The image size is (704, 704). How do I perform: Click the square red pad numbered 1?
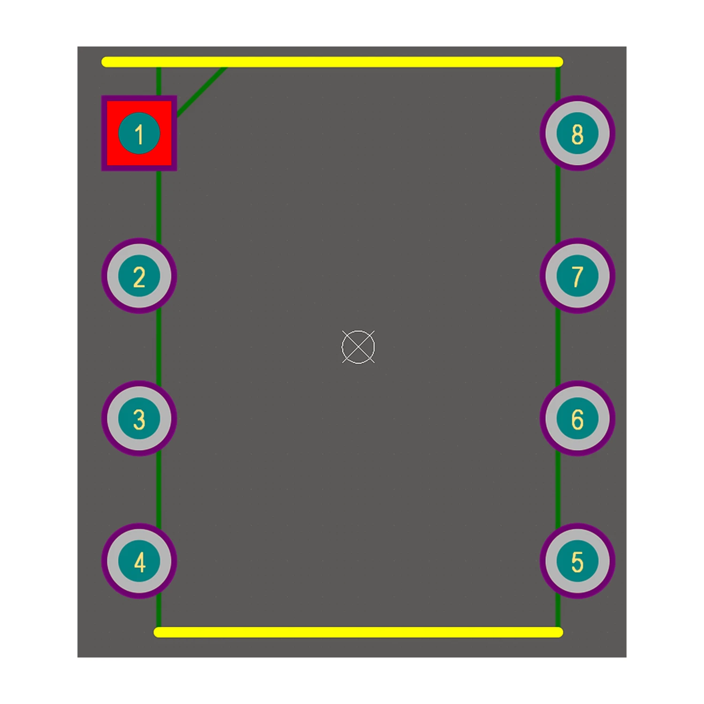click(x=139, y=133)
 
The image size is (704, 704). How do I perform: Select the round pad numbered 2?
click(x=139, y=276)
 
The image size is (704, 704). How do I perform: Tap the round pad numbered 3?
click(x=139, y=419)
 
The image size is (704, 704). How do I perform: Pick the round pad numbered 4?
click(x=139, y=561)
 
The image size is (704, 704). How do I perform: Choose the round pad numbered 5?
click(x=577, y=561)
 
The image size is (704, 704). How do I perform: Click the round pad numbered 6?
click(x=577, y=419)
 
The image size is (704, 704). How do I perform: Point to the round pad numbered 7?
click(x=577, y=276)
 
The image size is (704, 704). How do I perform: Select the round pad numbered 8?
click(x=577, y=133)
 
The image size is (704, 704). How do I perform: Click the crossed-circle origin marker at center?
click(x=358, y=347)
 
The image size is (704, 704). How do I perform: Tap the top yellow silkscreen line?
click(x=332, y=62)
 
